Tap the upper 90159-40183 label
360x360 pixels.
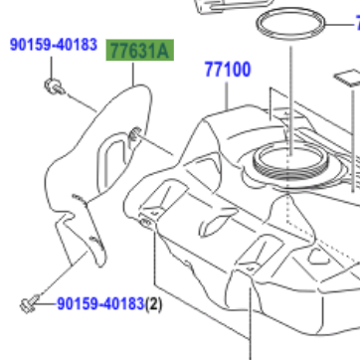pyautogui.click(x=54, y=45)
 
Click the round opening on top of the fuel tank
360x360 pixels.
pyautogui.click(x=284, y=156)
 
